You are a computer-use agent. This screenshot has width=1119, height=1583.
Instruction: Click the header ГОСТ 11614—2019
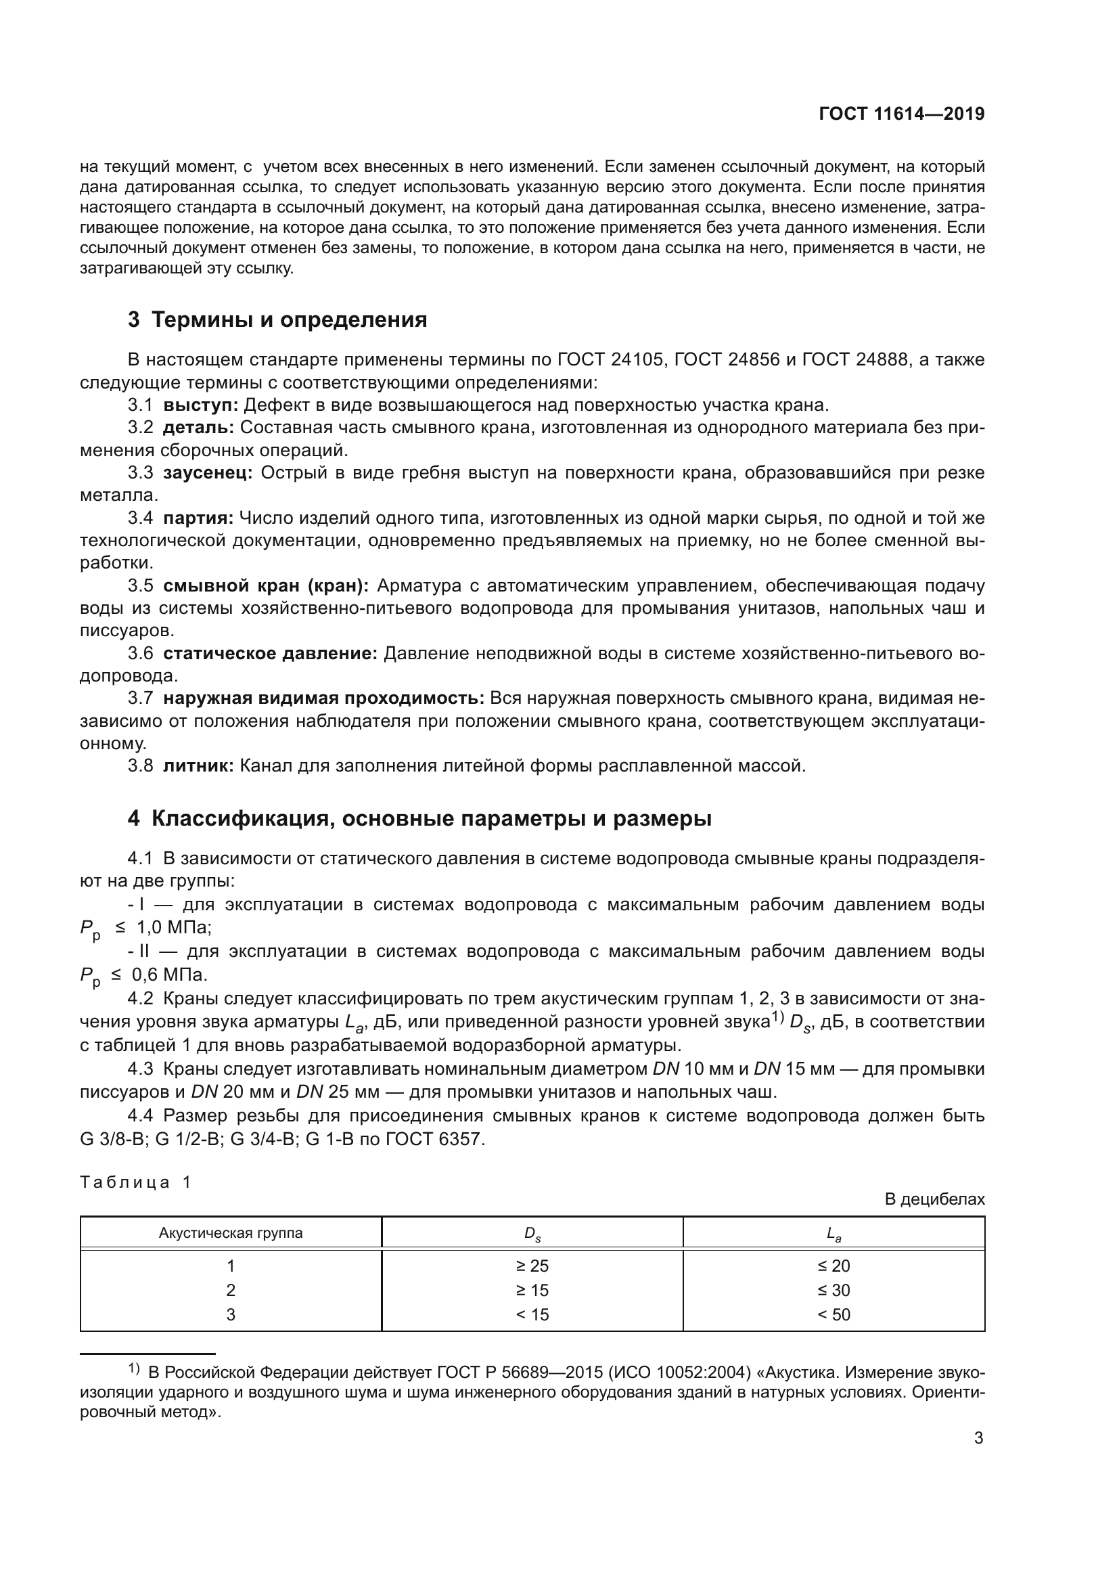[901, 114]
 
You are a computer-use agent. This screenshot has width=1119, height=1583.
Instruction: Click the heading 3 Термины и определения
[277, 320]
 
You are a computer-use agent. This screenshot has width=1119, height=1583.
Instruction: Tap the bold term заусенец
[208, 473]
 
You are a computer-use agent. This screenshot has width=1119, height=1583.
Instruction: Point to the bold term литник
[198, 765]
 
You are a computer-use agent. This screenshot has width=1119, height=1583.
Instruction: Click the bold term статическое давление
[270, 653]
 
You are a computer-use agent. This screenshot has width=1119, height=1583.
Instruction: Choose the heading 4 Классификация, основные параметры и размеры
[419, 818]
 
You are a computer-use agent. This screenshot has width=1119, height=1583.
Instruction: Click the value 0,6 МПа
[170, 975]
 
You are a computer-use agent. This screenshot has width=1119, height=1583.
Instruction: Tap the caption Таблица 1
[135, 1182]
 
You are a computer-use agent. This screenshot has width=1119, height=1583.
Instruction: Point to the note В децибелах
[934, 1200]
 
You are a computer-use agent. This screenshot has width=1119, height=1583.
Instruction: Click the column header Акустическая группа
[231, 1234]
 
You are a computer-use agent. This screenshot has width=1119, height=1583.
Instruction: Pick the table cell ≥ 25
[532, 1266]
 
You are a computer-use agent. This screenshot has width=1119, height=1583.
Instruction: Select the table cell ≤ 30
[833, 1290]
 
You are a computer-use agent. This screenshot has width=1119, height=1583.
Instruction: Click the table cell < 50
[833, 1314]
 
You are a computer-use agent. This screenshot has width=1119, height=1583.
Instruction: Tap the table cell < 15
[532, 1314]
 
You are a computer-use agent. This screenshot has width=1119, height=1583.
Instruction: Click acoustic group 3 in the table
[231, 1314]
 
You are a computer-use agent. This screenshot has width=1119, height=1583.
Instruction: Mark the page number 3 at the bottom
[978, 1438]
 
